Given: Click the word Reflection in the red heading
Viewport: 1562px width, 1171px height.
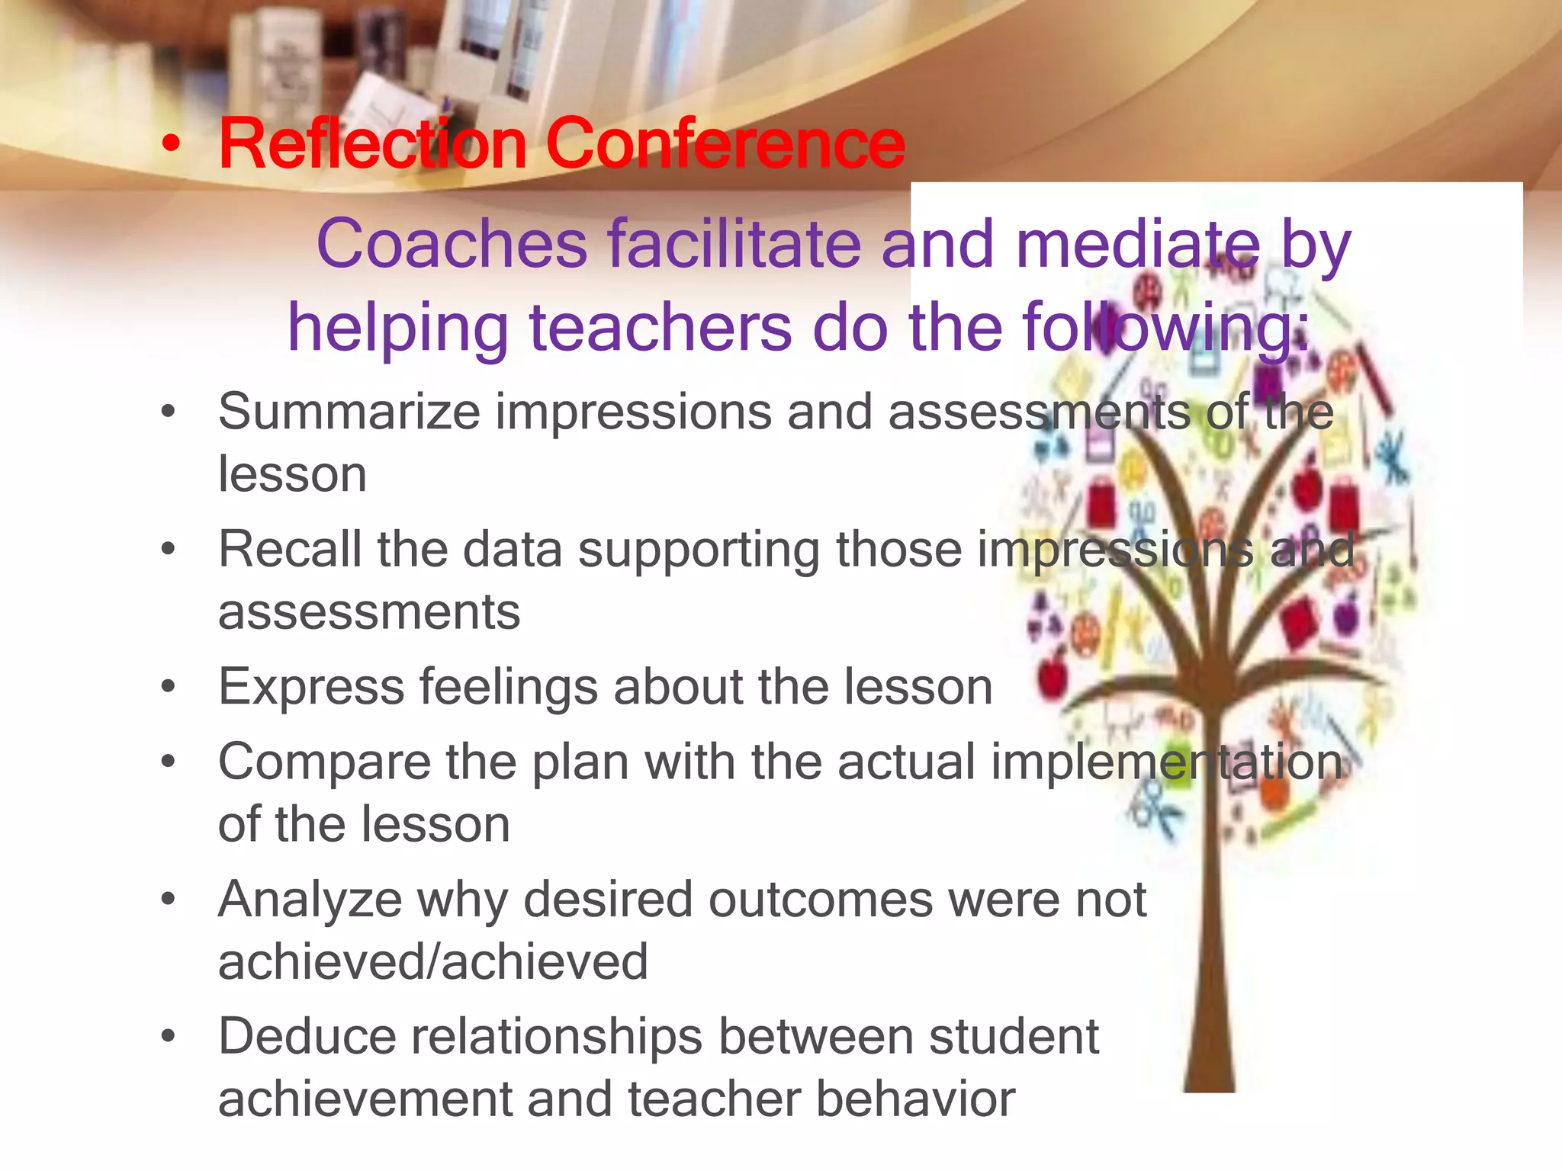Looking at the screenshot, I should pyautogui.click(x=372, y=143).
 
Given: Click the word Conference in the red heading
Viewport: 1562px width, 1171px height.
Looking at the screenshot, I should pyautogui.click(x=725, y=143).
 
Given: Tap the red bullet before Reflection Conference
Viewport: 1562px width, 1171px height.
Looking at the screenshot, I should pyautogui.click(x=172, y=145).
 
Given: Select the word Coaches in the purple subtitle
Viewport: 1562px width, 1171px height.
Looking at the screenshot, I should pyautogui.click(x=451, y=244).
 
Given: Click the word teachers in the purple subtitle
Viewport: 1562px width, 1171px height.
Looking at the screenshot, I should pyautogui.click(x=660, y=328).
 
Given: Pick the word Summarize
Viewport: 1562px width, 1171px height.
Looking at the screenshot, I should pyautogui.click(x=349, y=412).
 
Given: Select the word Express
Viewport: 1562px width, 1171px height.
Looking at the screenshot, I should pyautogui.click(x=311, y=688).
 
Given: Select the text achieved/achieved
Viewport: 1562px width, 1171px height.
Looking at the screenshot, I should pyautogui.click(x=433, y=961).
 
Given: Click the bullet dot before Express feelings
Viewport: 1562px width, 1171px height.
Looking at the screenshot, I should pyautogui.click(x=169, y=687).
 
